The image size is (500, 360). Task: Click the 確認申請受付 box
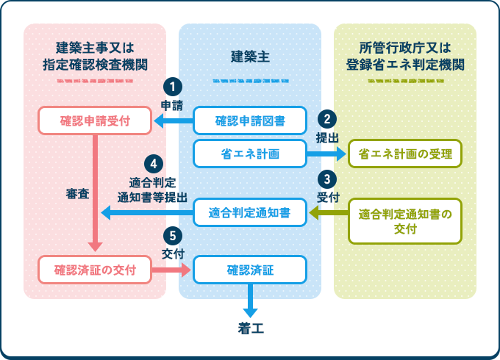96,121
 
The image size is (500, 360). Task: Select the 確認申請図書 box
250,121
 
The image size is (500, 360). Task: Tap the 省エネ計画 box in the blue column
250,154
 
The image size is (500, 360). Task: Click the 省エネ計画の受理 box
405,154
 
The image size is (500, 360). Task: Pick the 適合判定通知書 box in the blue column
250,213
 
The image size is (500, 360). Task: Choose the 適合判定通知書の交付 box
405,221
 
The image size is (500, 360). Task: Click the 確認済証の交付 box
96,270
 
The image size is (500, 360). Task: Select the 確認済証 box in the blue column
250,270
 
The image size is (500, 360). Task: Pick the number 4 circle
153,162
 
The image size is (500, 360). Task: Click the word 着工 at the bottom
250,328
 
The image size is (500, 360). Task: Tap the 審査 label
77,195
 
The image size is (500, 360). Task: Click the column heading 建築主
250,57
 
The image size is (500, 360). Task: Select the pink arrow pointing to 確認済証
172,270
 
